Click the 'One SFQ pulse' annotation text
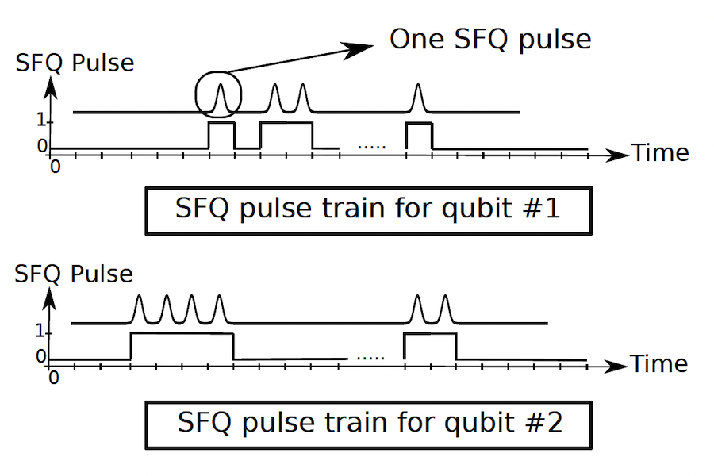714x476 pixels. point(489,40)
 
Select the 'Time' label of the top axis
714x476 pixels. point(660,152)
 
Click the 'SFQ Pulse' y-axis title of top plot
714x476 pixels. point(75,63)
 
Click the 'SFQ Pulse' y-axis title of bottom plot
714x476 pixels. point(75,274)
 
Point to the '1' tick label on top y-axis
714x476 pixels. point(40,122)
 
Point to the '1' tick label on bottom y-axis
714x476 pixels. point(40,333)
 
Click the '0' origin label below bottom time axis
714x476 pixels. point(54,378)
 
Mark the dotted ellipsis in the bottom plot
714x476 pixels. point(370,358)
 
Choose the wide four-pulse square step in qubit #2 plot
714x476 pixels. point(182,346)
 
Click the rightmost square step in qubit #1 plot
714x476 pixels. point(419,135)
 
